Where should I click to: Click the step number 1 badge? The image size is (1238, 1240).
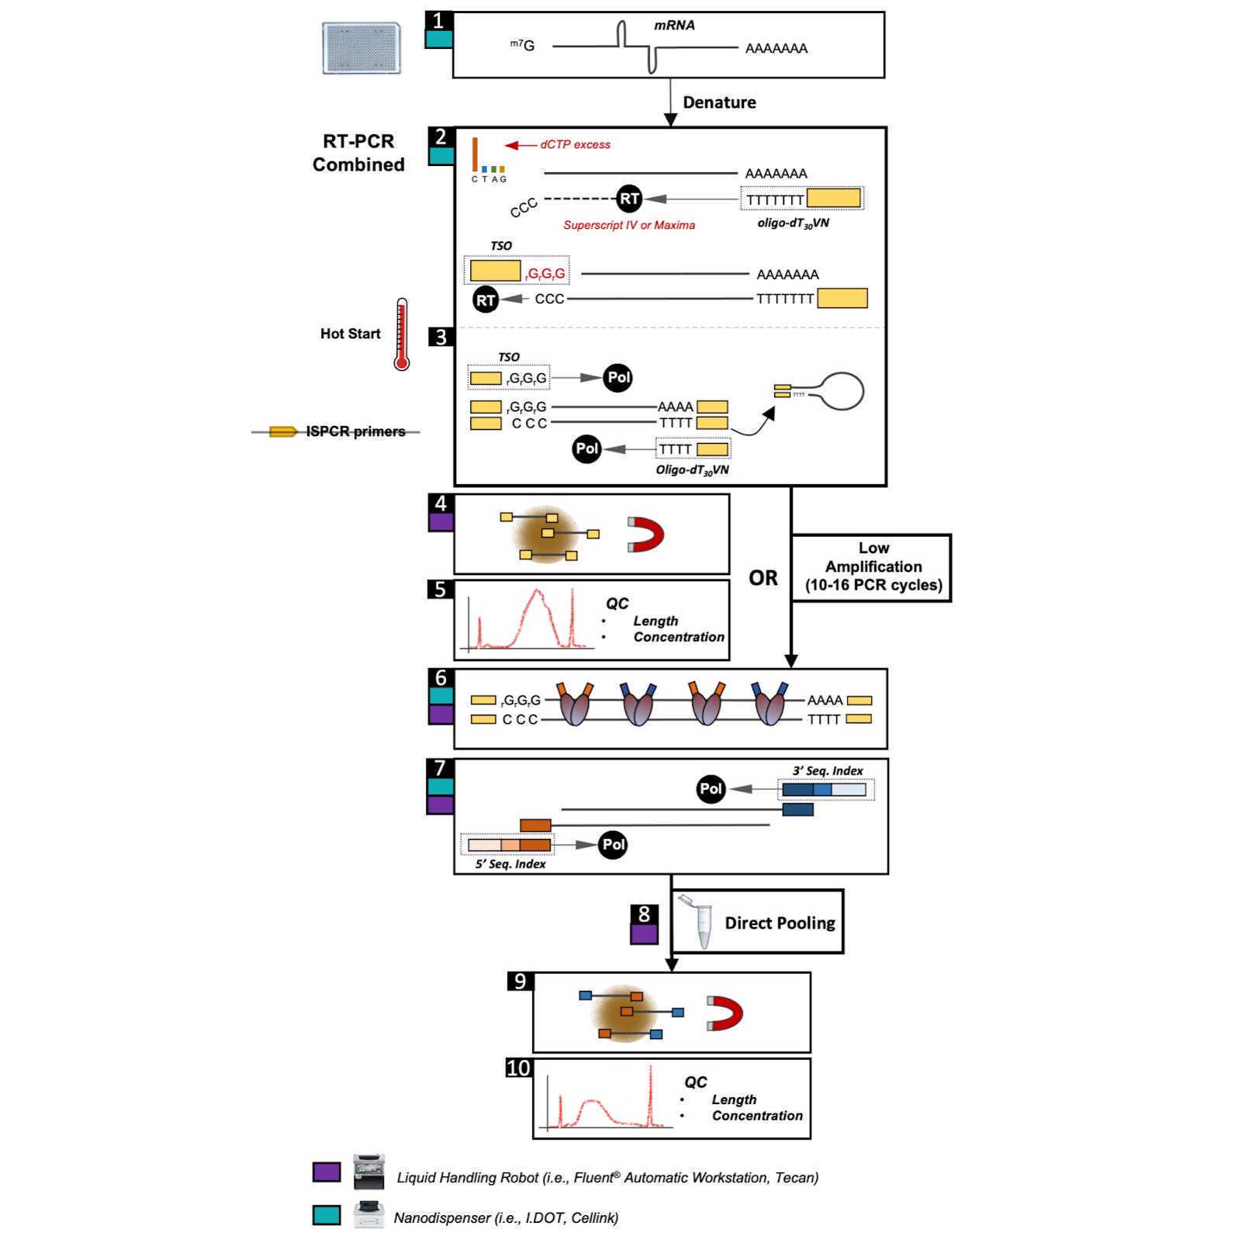(438, 20)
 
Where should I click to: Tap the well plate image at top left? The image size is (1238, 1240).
(361, 48)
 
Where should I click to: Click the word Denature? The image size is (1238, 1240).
(719, 102)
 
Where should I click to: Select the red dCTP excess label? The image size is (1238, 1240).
(575, 144)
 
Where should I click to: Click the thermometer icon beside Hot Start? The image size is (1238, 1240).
(401, 334)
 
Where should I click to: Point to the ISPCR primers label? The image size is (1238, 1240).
(355, 431)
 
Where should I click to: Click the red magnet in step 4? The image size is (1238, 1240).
(646, 535)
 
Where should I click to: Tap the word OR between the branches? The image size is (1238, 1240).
(763, 578)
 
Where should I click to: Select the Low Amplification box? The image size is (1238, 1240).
(873, 567)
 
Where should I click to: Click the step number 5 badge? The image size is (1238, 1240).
(440, 590)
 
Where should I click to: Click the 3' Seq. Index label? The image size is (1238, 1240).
(827, 771)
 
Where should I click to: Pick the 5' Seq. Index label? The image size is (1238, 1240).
(510, 864)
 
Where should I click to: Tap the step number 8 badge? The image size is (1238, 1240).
(644, 914)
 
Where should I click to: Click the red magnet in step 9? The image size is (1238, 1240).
(725, 1013)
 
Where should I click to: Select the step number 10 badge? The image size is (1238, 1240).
(517, 1069)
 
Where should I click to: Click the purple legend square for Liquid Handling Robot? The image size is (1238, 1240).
(327, 1172)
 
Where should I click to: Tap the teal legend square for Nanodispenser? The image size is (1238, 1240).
(327, 1215)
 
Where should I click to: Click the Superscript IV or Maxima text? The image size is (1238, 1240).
(628, 225)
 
